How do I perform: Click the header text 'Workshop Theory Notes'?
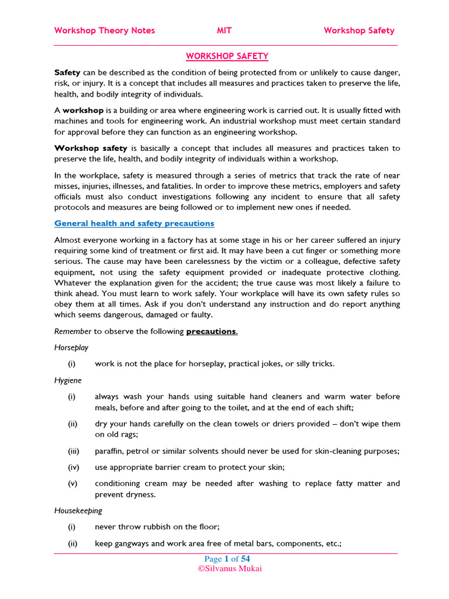pos(105,30)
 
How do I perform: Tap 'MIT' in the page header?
pos(224,30)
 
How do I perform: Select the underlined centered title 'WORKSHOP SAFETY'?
pos(227,56)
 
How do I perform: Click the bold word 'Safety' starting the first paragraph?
pos(67,72)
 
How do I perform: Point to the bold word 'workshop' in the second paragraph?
pos(83,110)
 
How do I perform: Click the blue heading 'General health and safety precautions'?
pos(134,223)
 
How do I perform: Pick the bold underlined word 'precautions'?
pos(211,331)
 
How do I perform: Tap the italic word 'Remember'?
pos(73,331)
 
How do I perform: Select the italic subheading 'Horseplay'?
pos(71,347)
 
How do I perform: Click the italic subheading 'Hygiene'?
pos(68,380)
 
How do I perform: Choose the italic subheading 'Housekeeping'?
pos(78,511)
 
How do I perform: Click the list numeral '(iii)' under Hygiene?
pos(72,451)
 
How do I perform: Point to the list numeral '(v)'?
pos(72,483)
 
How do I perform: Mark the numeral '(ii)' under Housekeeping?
pos(72,543)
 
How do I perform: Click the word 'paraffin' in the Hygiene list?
pos(110,451)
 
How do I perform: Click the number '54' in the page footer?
pos(245,559)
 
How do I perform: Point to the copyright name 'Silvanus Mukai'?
pos(229,568)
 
